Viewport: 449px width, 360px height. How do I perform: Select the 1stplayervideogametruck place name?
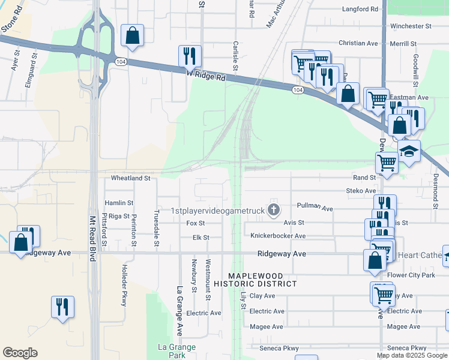218,211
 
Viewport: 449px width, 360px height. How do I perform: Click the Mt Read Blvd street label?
92,238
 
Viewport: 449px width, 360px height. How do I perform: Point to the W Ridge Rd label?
205,74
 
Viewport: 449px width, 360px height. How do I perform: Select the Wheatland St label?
130,179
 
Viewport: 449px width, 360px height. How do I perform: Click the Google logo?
20,353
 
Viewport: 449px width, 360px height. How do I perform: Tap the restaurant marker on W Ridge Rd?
190,56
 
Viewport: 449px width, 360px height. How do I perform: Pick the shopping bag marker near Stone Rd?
132,35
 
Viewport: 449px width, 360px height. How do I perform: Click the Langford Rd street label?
360,10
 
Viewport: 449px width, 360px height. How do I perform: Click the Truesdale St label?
157,228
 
